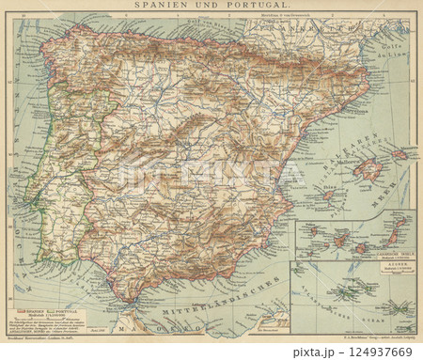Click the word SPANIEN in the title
[166, 6]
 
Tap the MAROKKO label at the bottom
[150, 325]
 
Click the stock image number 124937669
[381, 348]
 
